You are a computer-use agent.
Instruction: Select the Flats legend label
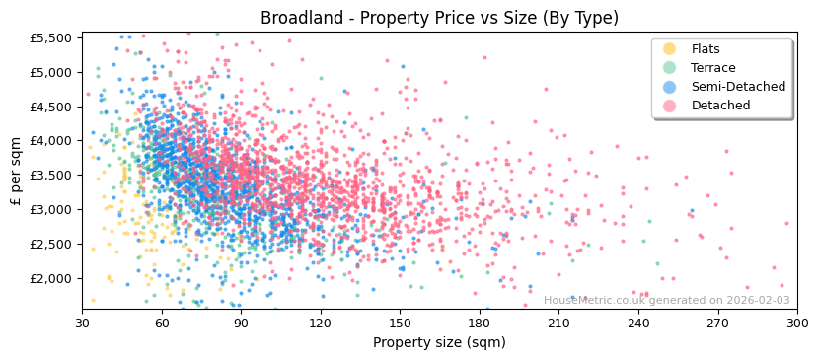[706, 49]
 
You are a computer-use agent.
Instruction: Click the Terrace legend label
[712, 68]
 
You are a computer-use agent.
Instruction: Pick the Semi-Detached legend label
[738, 87]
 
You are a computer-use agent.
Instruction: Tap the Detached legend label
[720, 106]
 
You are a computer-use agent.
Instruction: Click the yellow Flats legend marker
[669, 49]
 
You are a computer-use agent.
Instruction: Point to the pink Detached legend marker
[669, 106]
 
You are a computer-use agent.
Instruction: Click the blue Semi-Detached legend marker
[669, 87]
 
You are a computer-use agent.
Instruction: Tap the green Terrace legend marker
[669, 68]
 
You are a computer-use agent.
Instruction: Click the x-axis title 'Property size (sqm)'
[439, 342]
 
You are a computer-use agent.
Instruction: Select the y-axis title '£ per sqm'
[16, 171]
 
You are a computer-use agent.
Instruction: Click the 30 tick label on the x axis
[82, 322]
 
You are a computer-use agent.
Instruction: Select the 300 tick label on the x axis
[797, 322]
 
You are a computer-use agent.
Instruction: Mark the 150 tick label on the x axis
[400, 322]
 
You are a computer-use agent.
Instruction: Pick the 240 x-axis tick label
[638, 322]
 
